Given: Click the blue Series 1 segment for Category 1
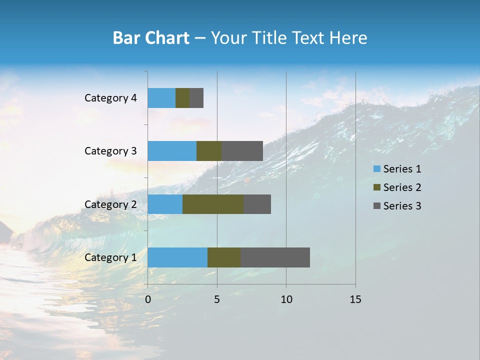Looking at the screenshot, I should (x=177, y=257).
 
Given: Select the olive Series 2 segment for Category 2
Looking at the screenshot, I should (x=213, y=204).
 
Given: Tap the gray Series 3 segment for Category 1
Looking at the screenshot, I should (x=275, y=257).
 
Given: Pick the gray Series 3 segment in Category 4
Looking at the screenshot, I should (x=196, y=98).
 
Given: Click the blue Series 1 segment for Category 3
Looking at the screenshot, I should (x=172, y=151).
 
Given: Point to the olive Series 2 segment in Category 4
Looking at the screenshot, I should (x=182, y=98).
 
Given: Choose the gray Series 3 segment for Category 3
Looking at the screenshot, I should (x=242, y=151).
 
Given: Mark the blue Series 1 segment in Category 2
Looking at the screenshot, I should (x=165, y=204).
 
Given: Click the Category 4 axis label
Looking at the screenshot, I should (x=110, y=98).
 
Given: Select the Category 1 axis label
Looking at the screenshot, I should (x=110, y=257).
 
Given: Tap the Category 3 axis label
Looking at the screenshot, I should (x=110, y=151).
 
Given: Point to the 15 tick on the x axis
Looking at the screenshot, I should (x=355, y=299).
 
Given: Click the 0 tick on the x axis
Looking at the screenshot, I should (x=148, y=299).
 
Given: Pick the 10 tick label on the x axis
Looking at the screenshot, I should (x=286, y=299).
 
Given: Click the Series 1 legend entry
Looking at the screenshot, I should (x=402, y=169).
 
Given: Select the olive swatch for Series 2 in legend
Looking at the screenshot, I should (x=376, y=187).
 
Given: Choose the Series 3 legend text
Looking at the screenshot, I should (x=402, y=206).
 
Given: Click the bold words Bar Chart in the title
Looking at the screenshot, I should (x=151, y=38).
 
